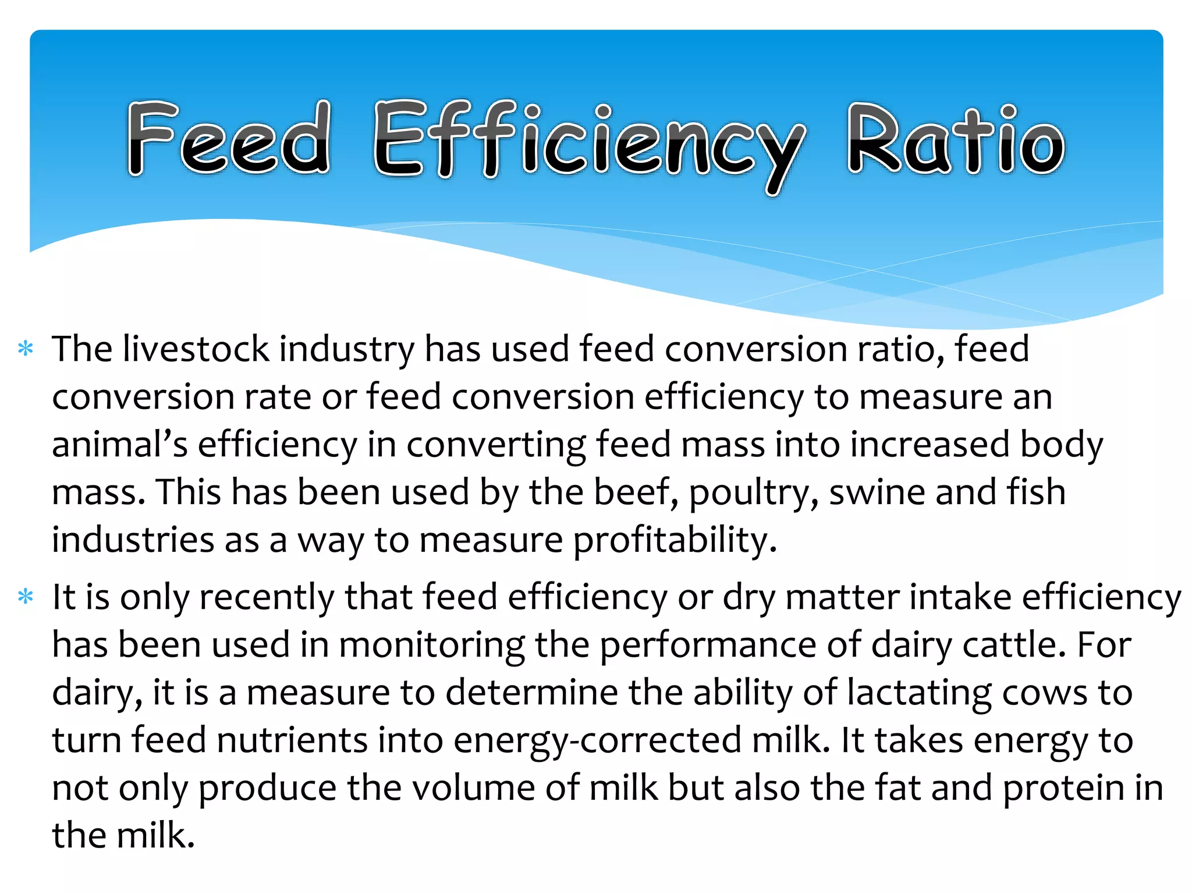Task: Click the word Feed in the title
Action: pos(229,139)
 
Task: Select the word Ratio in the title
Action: pos(955,140)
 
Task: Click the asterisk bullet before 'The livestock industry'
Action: pos(26,349)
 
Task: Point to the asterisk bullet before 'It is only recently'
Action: pos(26,597)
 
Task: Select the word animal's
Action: pos(119,445)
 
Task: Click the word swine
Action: pos(877,492)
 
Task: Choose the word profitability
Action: pos(675,540)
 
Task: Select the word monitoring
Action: pos(431,646)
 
